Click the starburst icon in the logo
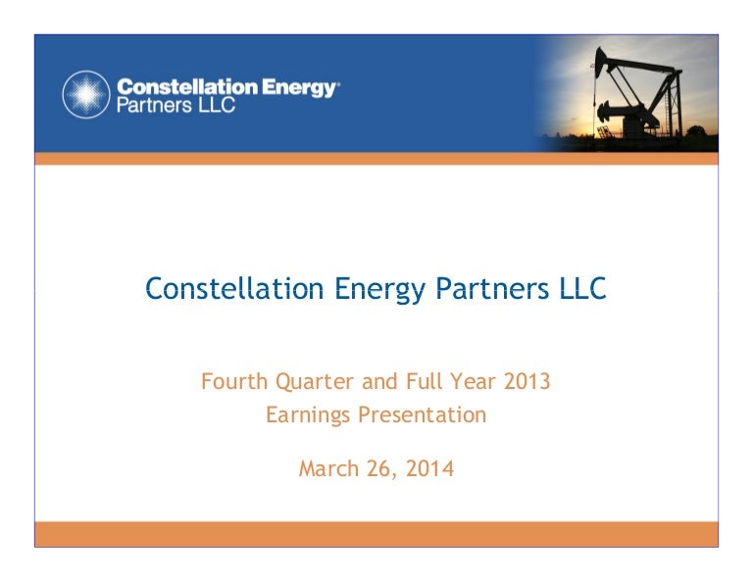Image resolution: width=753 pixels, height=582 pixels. pos(85,94)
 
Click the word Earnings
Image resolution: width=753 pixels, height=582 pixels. pos(307,415)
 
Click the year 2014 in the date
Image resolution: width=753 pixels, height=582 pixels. pos(430,469)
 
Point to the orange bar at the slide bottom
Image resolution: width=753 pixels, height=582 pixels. pos(376,533)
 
